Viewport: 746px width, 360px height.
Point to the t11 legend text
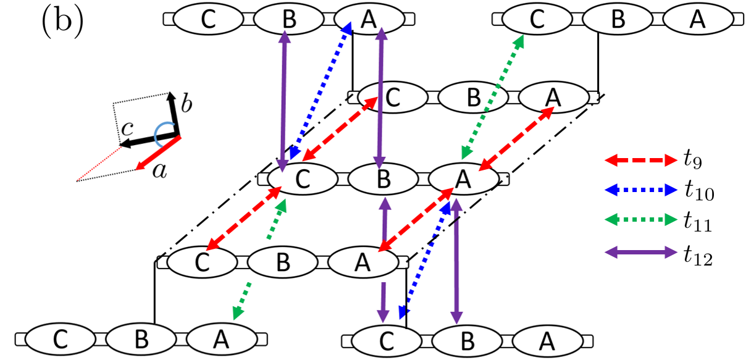(x=698, y=223)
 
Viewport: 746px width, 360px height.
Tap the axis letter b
(x=185, y=104)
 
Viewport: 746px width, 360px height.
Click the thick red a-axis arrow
(x=157, y=151)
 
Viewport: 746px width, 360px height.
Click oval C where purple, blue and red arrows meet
(x=302, y=178)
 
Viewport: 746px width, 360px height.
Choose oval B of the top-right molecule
(x=617, y=20)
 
